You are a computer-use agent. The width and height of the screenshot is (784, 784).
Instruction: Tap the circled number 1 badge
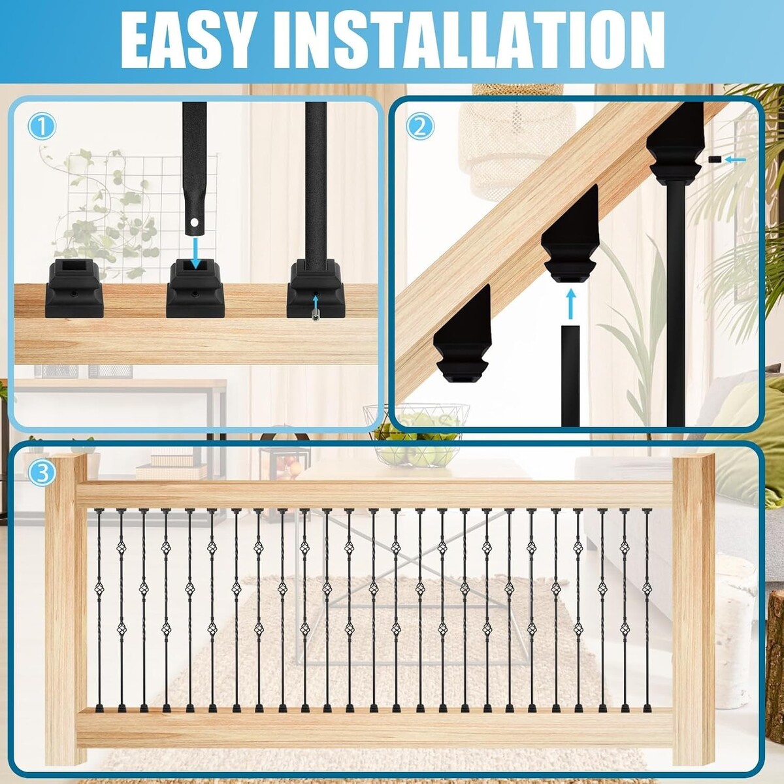[42, 127]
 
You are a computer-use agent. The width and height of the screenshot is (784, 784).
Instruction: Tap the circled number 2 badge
[420, 127]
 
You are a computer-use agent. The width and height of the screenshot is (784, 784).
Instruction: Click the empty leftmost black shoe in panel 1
[74, 289]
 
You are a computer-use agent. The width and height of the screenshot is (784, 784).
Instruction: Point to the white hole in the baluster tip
[195, 223]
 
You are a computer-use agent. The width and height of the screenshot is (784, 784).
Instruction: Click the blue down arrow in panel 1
[196, 253]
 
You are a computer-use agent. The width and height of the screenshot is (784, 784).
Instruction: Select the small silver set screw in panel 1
[316, 315]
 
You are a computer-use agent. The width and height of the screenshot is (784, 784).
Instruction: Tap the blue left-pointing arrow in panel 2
[735, 159]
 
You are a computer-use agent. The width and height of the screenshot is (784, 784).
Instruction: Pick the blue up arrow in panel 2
[572, 304]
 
